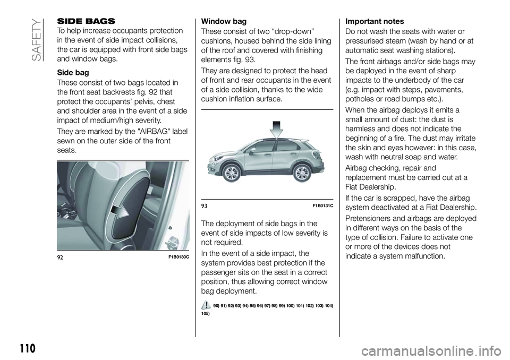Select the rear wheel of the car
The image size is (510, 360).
[301, 173]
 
